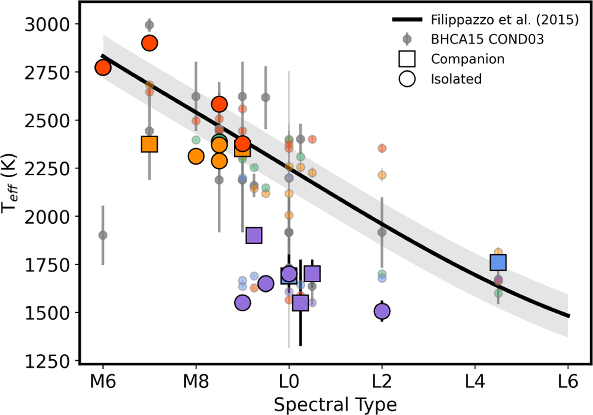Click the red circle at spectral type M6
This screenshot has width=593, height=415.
pos(103,68)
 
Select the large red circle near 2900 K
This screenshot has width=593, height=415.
pos(149,43)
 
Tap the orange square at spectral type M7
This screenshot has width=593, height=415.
pos(149,144)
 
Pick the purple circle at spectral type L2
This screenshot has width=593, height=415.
pos(382,311)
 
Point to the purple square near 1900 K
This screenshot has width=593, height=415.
pos(254,235)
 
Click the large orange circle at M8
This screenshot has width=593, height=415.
pos(196,156)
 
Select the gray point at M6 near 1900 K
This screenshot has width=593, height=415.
pos(103,235)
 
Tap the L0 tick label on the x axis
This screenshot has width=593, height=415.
pos(289,382)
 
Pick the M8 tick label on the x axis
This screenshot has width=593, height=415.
pos(196,382)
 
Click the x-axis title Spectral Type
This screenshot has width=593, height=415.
pos(336,404)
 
